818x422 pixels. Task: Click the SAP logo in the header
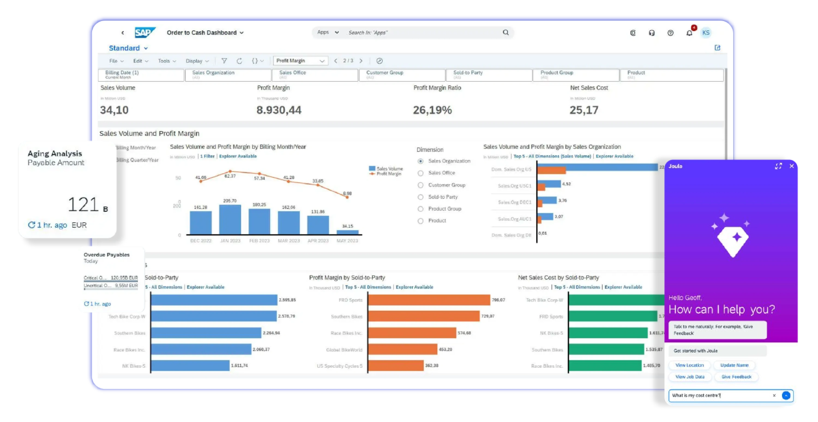point(145,32)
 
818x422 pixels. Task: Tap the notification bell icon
point(689,33)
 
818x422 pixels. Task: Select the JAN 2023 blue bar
point(230,219)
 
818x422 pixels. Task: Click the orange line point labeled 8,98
point(347,197)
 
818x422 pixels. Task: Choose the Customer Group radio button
point(420,185)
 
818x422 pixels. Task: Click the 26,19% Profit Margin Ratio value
point(432,110)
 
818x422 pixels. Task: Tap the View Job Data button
point(690,376)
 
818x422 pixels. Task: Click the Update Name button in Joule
point(734,365)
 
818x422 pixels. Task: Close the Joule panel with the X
point(792,166)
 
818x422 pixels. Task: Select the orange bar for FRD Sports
point(429,300)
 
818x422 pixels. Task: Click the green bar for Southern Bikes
point(606,349)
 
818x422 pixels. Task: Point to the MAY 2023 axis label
point(347,241)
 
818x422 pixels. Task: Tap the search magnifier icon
point(506,32)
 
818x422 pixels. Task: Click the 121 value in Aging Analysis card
point(83,204)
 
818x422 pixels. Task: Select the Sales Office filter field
point(315,75)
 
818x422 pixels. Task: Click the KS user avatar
point(706,33)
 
